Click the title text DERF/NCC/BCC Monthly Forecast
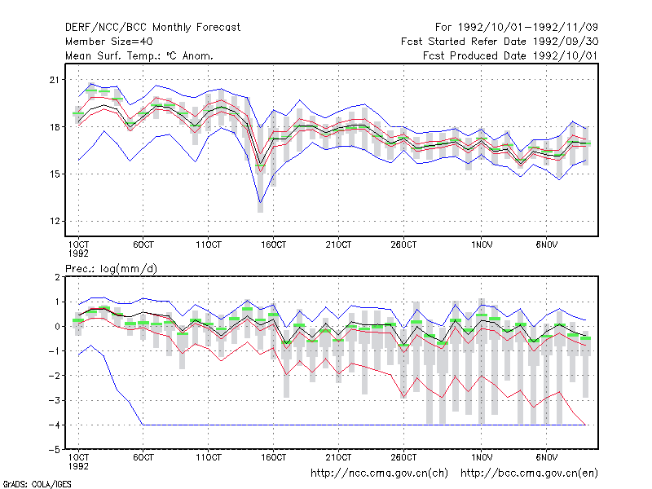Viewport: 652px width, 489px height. click(x=152, y=28)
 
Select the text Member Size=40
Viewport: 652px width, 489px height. click(x=109, y=42)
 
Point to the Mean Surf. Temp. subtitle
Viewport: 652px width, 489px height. click(x=139, y=55)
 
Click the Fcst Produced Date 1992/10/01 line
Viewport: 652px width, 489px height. click(x=510, y=55)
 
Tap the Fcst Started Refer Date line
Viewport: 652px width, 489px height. click(x=500, y=42)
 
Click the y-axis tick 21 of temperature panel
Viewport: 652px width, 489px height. click(x=55, y=79)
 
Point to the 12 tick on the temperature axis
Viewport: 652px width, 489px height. click(x=55, y=221)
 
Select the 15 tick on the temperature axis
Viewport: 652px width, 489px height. click(x=55, y=174)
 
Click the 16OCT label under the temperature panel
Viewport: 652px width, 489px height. click(x=273, y=244)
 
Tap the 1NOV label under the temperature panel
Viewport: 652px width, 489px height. click(x=482, y=244)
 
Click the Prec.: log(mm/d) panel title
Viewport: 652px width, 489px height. click(x=111, y=269)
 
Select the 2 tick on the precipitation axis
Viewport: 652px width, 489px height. click(x=57, y=277)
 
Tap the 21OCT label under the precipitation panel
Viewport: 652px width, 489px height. click(x=338, y=457)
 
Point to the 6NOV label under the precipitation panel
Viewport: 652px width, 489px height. click(x=546, y=457)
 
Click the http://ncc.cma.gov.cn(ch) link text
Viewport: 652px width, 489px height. click(x=379, y=474)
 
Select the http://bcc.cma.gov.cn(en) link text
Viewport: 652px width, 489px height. click(x=529, y=474)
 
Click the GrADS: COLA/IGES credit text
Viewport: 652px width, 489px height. click(x=37, y=484)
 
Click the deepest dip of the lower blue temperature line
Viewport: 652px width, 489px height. click(x=260, y=202)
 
